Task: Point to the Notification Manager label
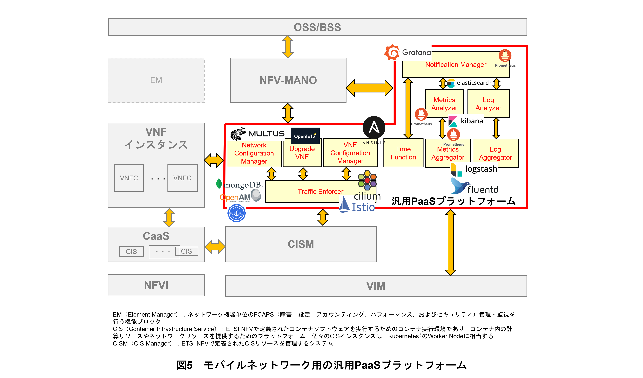456,65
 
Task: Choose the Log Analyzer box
488,104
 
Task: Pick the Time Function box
403,153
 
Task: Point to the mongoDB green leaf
219,183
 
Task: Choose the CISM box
301,244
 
